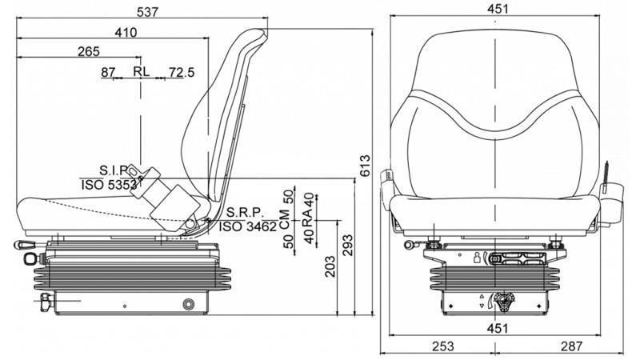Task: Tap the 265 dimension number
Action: point(90,52)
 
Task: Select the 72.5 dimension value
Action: point(182,73)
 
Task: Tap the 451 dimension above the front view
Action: point(496,10)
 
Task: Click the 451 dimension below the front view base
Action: point(497,327)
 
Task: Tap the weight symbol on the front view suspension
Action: point(477,257)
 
